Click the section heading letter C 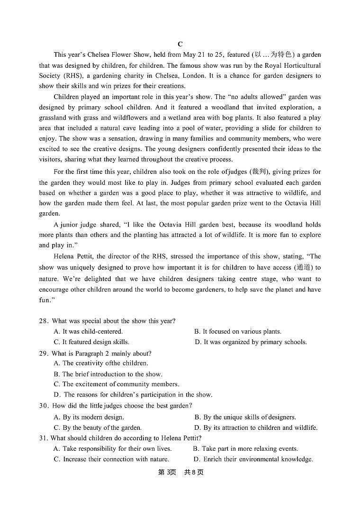point(180,44)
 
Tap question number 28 point(44,321)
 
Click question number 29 point(44,354)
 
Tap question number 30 point(44,406)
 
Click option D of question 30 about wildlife point(256,428)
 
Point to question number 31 point(44,438)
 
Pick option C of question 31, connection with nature point(111,459)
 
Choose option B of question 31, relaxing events point(245,449)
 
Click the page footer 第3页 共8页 point(180,473)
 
